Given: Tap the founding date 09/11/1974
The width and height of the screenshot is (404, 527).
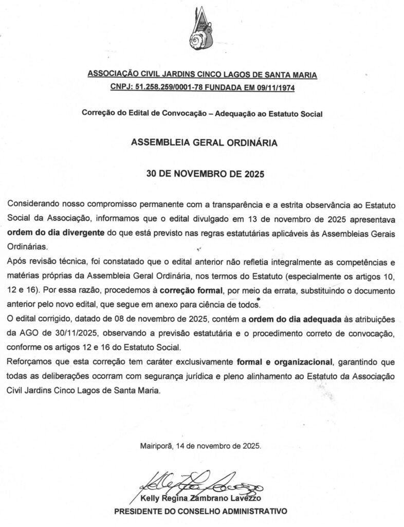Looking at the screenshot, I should pos(275,87).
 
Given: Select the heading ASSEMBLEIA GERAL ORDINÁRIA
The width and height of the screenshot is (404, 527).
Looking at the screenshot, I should pos(205,143).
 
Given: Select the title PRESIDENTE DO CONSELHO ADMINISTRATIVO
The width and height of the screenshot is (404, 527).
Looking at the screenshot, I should pos(200,512).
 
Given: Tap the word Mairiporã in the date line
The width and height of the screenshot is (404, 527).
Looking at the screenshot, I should pos(157,446).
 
